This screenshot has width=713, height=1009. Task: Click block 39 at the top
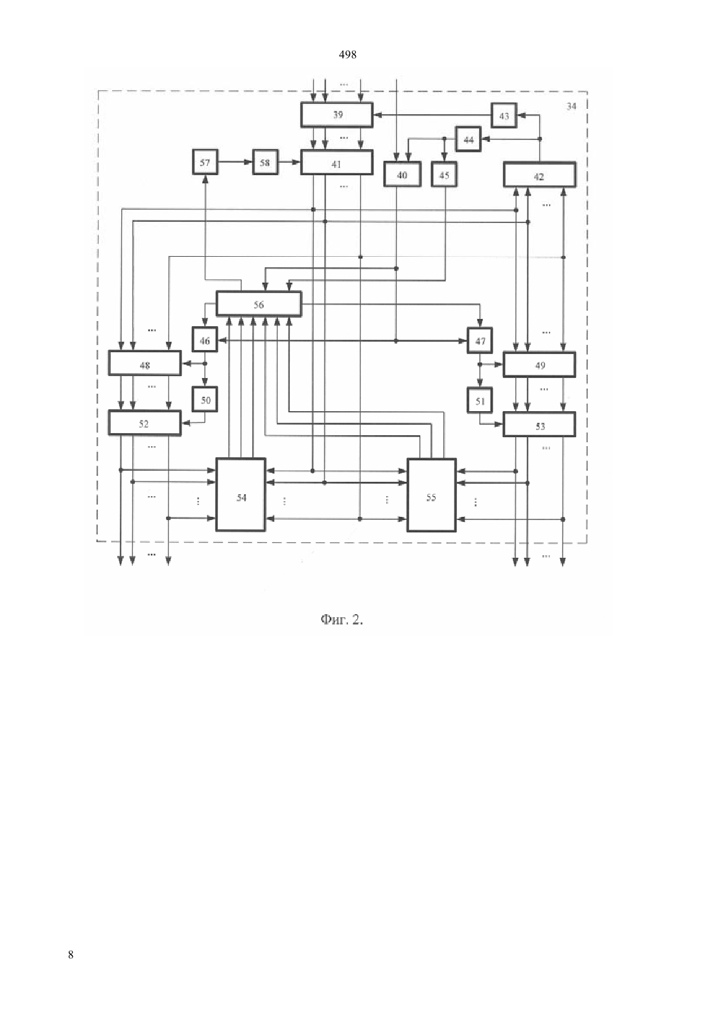(x=336, y=115)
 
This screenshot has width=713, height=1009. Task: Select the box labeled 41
(x=336, y=162)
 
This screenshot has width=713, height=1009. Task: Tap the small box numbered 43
(x=504, y=115)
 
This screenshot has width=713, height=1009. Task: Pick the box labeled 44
(x=469, y=139)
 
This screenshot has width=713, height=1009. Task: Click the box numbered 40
(x=402, y=174)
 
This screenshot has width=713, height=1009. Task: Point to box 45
(x=444, y=174)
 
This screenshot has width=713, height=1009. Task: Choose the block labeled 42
(x=539, y=174)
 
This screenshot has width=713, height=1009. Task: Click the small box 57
(x=205, y=161)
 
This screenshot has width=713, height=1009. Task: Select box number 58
(x=265, y=161)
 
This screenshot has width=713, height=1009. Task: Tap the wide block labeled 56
(x=259, y=303)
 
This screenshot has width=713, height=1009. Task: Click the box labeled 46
(x=205, y=340)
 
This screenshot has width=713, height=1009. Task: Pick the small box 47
(x=480, y=340)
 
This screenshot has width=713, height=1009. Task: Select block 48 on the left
(x=145, y=363)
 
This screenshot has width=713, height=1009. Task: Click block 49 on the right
(x=539, y=364)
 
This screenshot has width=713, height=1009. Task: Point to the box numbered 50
(x=205, y=399)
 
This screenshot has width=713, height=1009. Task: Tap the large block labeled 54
(x=241, y=495)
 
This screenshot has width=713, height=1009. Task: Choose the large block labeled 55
(x=432, y=495)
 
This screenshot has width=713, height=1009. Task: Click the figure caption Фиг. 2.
(x=342, y=619)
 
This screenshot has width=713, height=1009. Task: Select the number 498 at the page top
(x=347, y=55)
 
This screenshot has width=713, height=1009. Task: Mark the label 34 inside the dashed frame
(x=571, y=106)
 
